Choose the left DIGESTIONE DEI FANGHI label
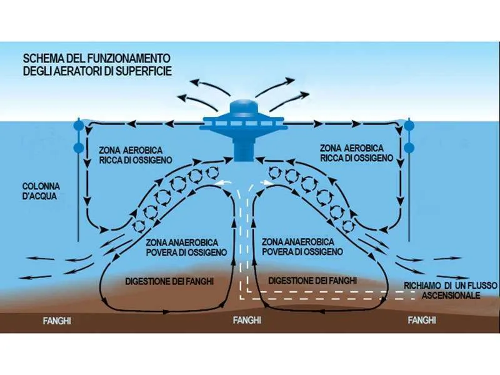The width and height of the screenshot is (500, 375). point(169,281)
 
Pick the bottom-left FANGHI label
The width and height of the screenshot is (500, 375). point(57,321)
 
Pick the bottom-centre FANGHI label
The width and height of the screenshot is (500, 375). point(246,321)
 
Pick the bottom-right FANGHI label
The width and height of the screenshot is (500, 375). point(421,321)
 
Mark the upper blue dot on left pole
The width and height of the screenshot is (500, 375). point(78,125)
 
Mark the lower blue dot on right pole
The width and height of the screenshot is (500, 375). point(409,148)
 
